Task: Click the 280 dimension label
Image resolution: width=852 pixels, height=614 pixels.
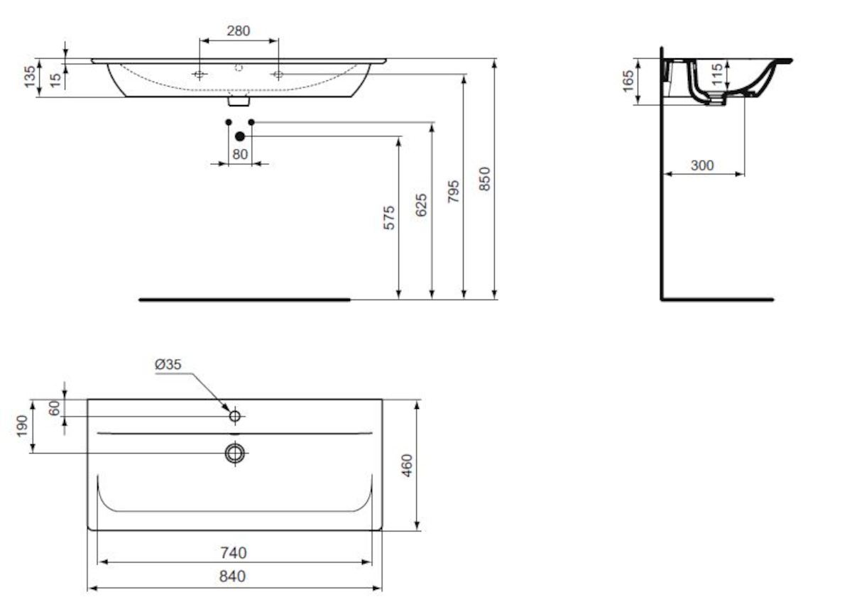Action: (x=239, y=31)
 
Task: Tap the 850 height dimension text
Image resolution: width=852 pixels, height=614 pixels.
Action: (x=484, y=179)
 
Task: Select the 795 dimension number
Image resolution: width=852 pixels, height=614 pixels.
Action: (x=454, y=191)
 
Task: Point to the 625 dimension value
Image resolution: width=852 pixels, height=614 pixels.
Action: (x=421, y=205)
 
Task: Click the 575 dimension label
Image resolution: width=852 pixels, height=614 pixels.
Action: (x=389, y=218)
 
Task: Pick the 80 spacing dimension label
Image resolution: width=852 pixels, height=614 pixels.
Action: (x=240, y=154)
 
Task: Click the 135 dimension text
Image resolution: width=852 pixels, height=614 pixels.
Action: (x=30, y=77)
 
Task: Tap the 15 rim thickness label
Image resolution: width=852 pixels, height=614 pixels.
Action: (x=55, y=80)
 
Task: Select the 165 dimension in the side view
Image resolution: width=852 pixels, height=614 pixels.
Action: (x=628, y=81)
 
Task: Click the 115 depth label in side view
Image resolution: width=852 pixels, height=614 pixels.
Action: (x=716, y=75)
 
